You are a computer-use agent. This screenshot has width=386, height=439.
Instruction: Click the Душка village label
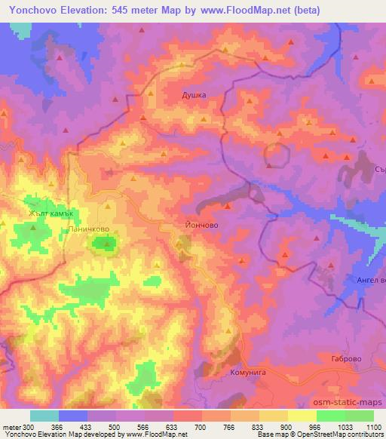click(194, 96)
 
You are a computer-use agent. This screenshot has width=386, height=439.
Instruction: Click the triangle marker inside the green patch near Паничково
click(106, 242)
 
